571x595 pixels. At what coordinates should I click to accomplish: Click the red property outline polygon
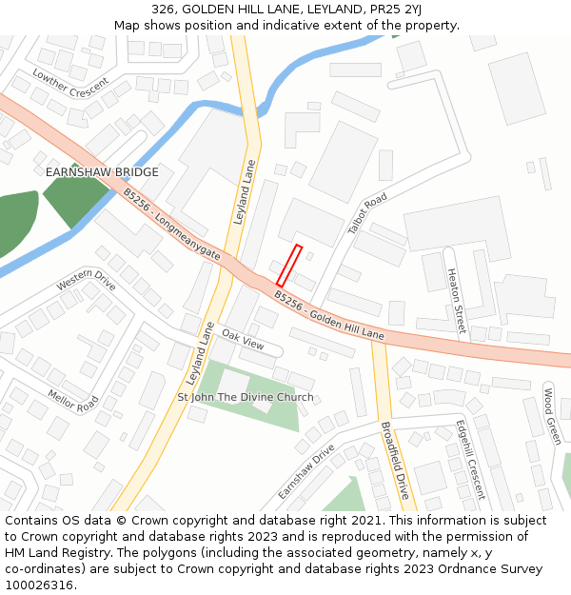[289, 266]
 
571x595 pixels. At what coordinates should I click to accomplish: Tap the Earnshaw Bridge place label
[102, 172]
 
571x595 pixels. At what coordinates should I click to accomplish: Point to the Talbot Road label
[367, 213]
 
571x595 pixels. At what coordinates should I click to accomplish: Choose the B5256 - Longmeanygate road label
[171, 225]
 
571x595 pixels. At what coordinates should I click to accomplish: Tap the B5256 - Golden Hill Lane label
[328, 316]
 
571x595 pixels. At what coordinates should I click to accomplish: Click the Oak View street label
[243, 339]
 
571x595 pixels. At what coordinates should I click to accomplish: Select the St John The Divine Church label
[246, 397]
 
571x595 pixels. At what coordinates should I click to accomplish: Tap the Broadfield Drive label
[394, 461]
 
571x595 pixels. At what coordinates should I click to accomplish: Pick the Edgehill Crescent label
[470, 459]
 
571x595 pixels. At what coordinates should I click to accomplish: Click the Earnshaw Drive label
[306, 471]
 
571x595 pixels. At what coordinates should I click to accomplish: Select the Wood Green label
[551, 415]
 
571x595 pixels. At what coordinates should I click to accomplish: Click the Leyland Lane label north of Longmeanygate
[246, 190]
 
